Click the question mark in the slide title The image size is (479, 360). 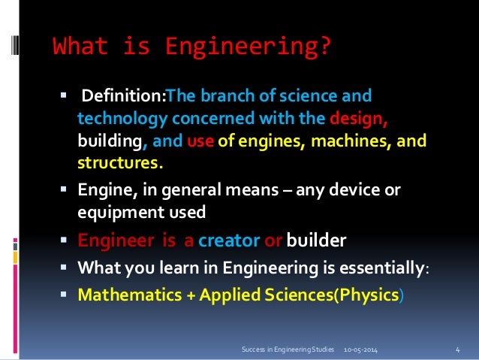(x=323, y=47)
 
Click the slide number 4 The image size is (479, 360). (x=457, y=349)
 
